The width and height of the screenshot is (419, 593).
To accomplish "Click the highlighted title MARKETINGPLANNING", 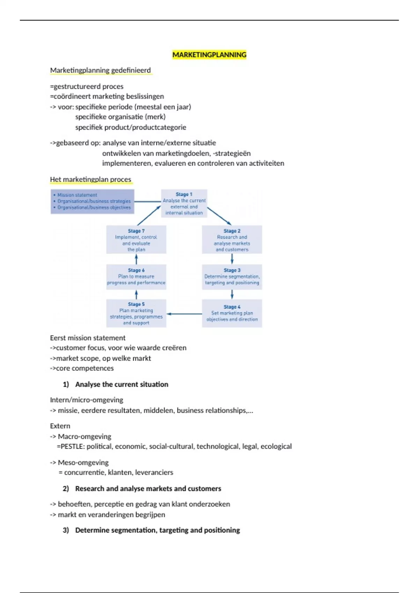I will point(209,55).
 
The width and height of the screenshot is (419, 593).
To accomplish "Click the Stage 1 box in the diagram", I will point(184,203).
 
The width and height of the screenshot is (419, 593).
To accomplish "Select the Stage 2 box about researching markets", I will point(232,240).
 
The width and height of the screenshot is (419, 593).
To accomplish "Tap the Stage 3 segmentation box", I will point(232,277).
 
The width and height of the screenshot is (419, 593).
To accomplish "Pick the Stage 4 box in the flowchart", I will point(232,313).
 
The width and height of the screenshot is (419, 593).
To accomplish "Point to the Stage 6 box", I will point(136,277).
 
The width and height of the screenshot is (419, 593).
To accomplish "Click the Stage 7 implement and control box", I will point(136,240).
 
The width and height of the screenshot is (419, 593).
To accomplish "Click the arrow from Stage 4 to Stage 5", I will point(184,314).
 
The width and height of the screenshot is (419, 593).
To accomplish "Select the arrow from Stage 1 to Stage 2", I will point(219,216).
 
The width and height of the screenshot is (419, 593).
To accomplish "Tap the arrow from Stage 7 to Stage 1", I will point(149,216).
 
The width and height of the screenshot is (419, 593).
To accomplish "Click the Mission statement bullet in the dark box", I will point(77,195).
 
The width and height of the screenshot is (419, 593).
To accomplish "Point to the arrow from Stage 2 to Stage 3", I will point(232,259).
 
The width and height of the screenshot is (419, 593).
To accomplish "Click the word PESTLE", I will point(73,446).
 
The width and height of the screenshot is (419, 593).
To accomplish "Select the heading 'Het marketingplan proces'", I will point(90,180).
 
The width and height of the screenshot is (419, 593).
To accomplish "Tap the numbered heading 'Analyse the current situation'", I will point(122,384).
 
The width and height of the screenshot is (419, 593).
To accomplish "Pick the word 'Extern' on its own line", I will point(60,426).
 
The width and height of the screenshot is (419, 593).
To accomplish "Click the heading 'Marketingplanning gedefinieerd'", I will point(101,70).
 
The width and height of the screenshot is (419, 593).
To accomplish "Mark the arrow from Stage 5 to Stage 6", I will point(136,294).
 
